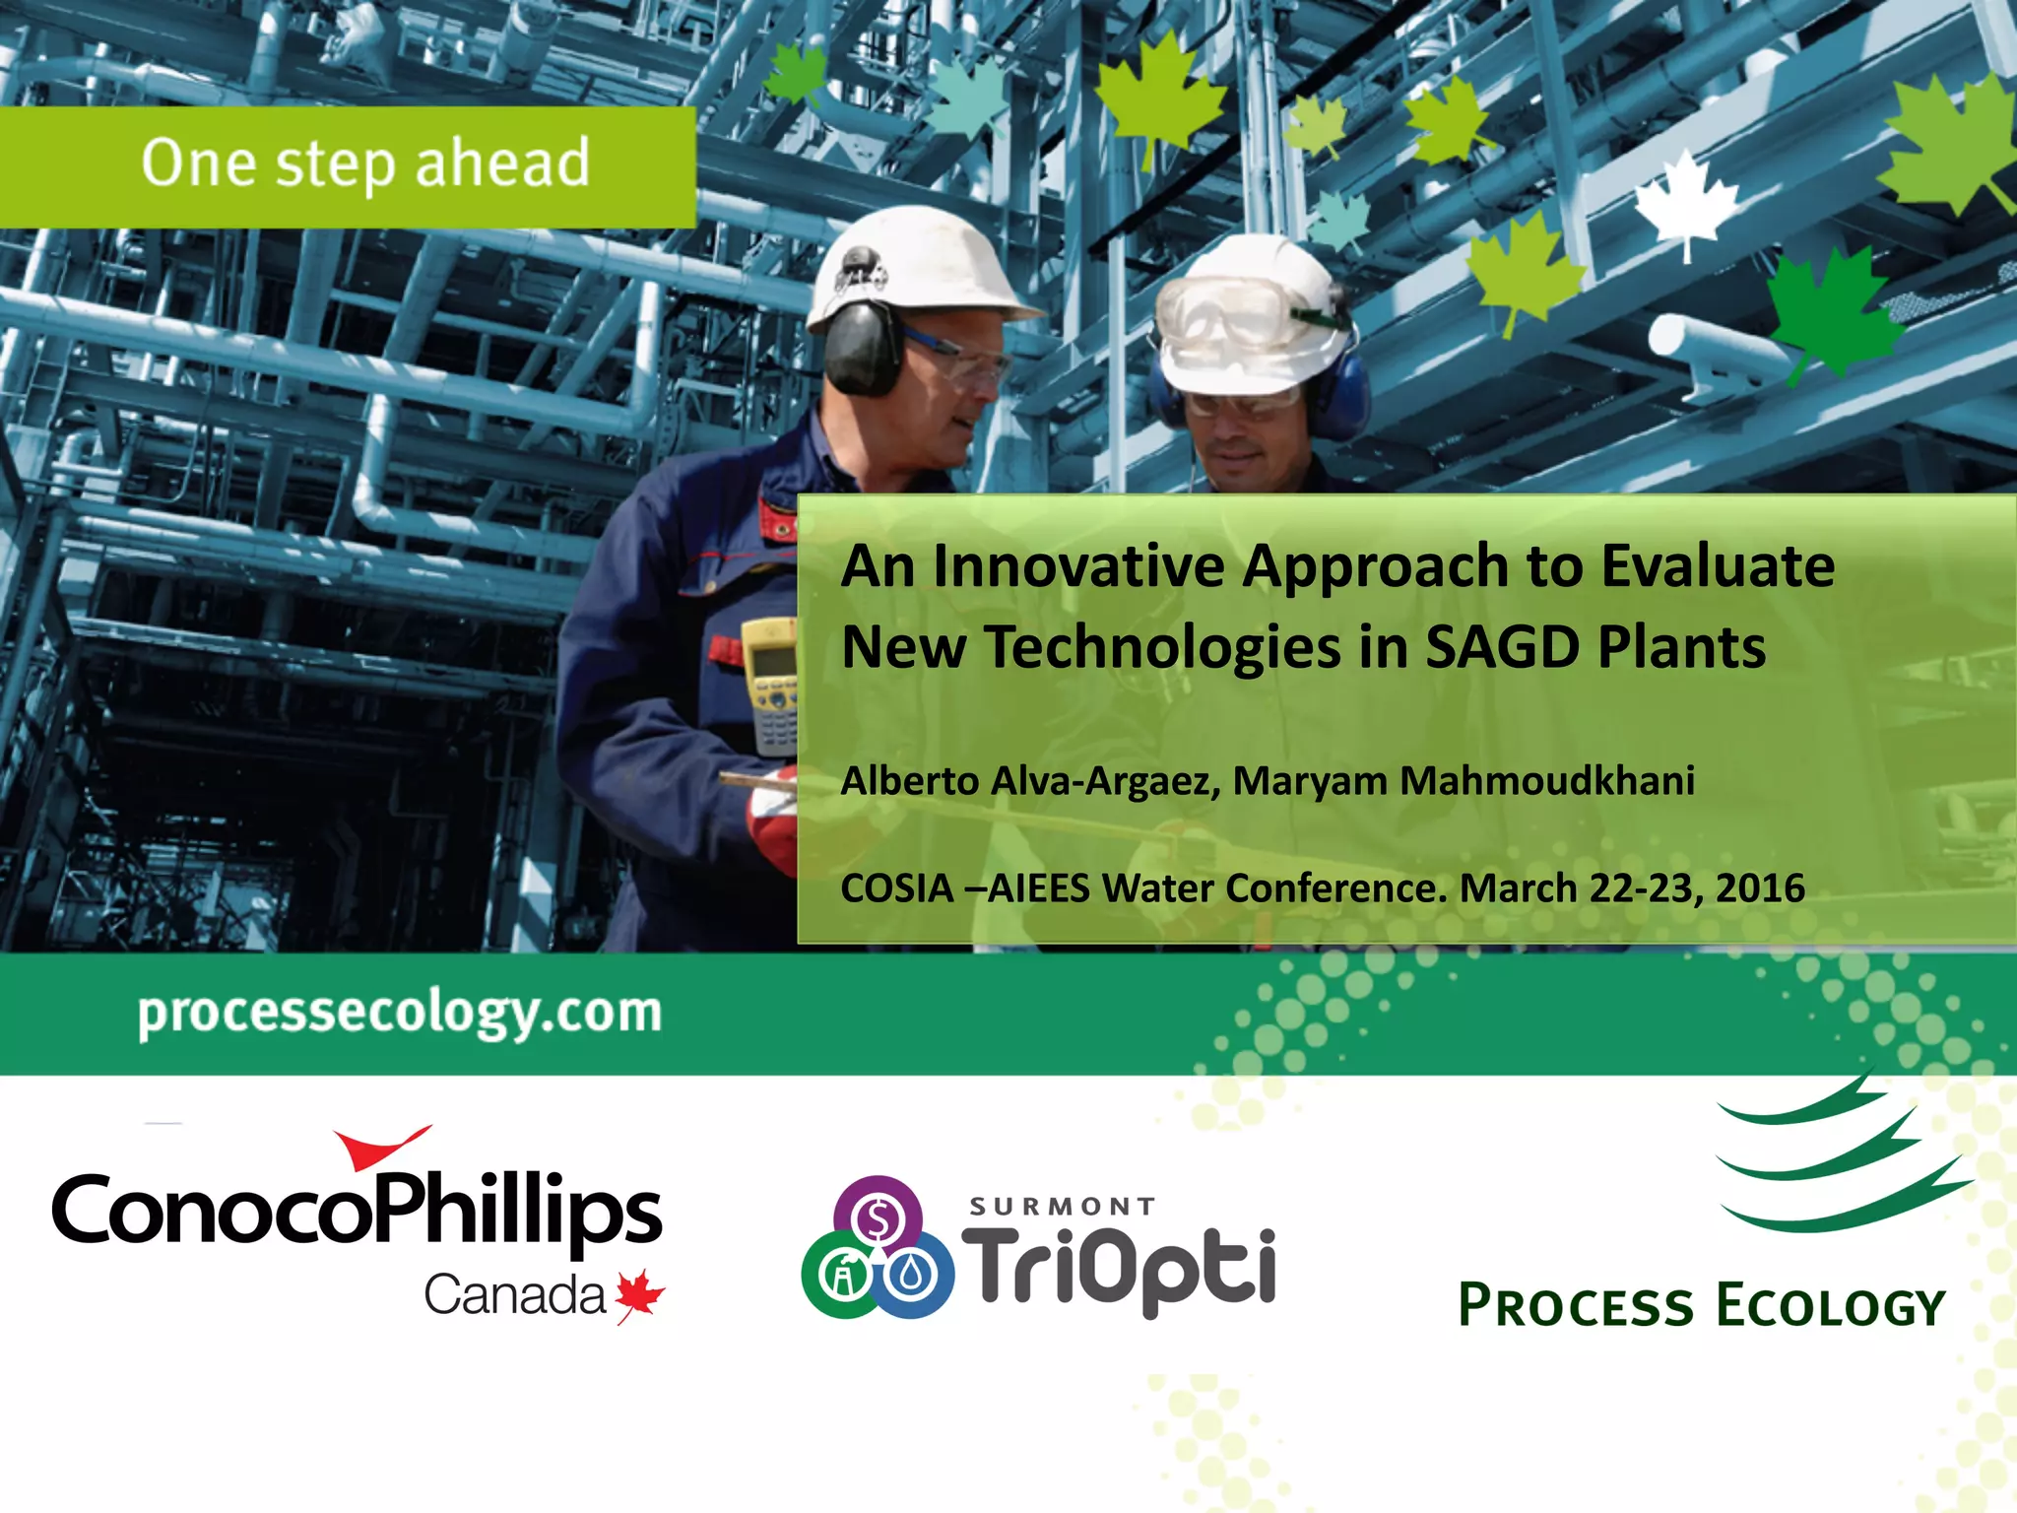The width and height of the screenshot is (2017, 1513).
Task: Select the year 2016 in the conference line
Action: point(1760,888)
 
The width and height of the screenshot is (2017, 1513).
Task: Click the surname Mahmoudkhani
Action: point(1546,780)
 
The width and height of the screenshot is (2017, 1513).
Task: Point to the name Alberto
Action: point(910,780)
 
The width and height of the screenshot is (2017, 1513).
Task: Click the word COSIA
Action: point(896,888)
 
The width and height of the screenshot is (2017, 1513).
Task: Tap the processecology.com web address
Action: point(400,1014)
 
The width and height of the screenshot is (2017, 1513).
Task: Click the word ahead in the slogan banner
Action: point(502,163)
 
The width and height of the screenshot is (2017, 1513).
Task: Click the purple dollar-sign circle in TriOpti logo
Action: point(878,1218)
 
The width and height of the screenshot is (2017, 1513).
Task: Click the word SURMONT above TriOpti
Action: point(1062,1207)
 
